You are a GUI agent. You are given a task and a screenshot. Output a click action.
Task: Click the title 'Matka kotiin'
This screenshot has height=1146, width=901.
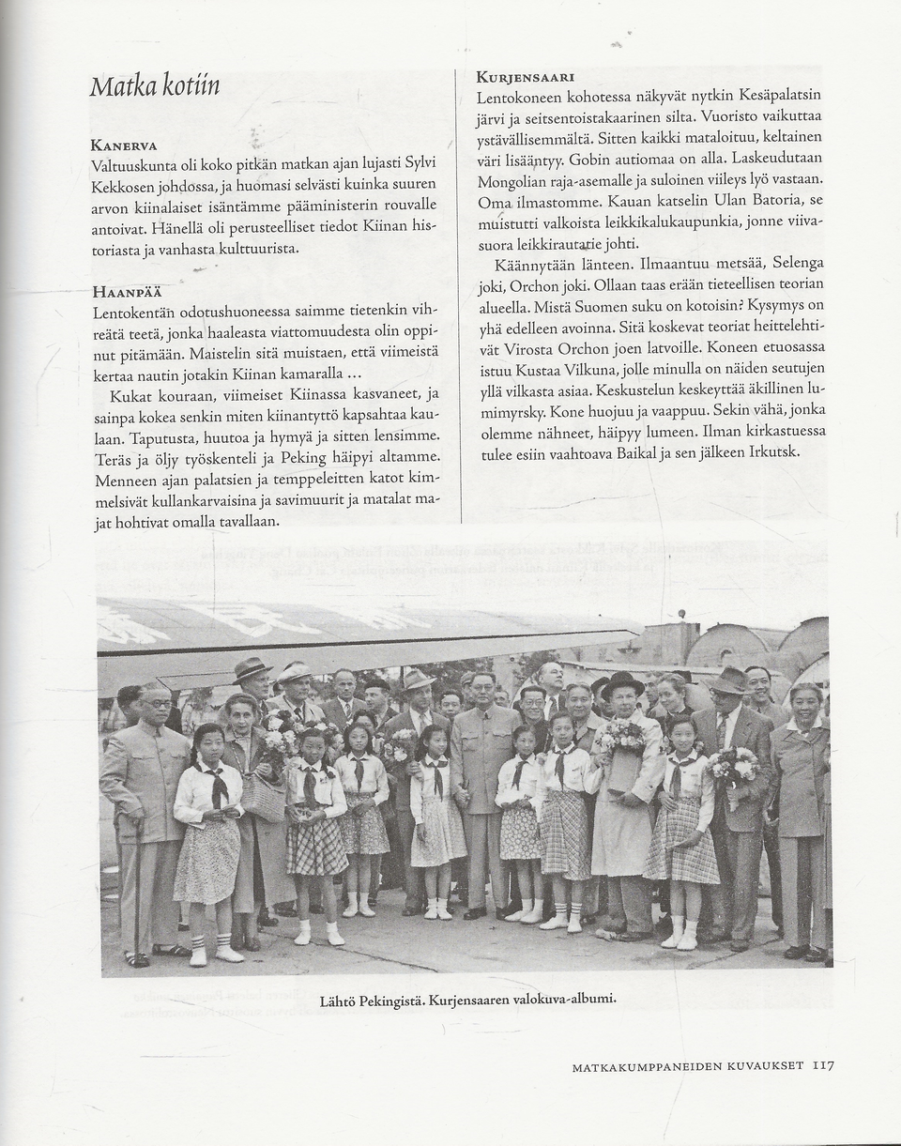click(x=155, y=87)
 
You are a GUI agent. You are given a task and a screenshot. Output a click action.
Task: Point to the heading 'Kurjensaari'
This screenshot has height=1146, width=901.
click(x=525, y=77)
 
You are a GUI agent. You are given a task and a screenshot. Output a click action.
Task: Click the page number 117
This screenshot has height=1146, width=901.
click(x=823, y=1065)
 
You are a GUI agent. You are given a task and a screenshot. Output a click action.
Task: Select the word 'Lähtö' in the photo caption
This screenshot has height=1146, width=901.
click(x=341, y=1002)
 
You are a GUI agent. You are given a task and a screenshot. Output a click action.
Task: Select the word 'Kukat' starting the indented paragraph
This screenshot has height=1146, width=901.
click(x=129, y=394)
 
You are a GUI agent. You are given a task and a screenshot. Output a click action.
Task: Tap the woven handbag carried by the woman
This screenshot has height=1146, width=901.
click(x=264, y=797)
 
